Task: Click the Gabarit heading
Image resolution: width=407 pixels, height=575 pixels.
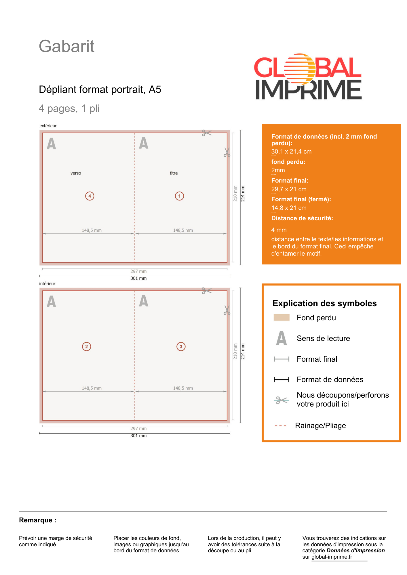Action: tap(66, 46)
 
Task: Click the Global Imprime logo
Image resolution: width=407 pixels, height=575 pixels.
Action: tap(308, 77)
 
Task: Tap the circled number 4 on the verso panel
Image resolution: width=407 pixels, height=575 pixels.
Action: tap(90, 196)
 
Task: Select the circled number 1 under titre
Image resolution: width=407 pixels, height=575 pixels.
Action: tap(179, 196)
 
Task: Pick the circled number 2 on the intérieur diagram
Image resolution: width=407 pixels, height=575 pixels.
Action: tap(87, 346)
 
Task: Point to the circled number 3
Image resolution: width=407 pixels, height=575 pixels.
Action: tap(181, 346)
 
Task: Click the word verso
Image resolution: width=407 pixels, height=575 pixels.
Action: tap(76, 173)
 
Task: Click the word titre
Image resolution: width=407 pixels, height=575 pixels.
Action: tap(174, 173)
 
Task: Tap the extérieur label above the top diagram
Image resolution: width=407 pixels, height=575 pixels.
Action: tap(48, 126)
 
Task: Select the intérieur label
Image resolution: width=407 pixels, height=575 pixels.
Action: tap(47, 283)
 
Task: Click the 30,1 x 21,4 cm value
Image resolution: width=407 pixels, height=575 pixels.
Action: tap(291, 152)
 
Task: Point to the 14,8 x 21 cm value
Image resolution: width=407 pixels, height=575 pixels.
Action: tap(289, 208)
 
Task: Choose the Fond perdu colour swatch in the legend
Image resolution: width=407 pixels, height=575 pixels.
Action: tap(281, 317)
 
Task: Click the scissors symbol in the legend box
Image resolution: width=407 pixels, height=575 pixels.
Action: tap(281, 400)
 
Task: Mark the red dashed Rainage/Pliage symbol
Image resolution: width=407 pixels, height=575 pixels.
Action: tap(280, 426)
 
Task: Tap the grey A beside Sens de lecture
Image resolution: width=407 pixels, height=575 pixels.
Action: tap(281, 338)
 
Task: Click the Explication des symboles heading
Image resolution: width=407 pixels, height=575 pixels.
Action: tap(324, 303)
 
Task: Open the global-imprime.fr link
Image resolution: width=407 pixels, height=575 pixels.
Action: tap(332, 557)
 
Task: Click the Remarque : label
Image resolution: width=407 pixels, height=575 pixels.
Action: tap(38, 520)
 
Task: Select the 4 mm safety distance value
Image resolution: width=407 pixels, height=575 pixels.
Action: tap(279, 230)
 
